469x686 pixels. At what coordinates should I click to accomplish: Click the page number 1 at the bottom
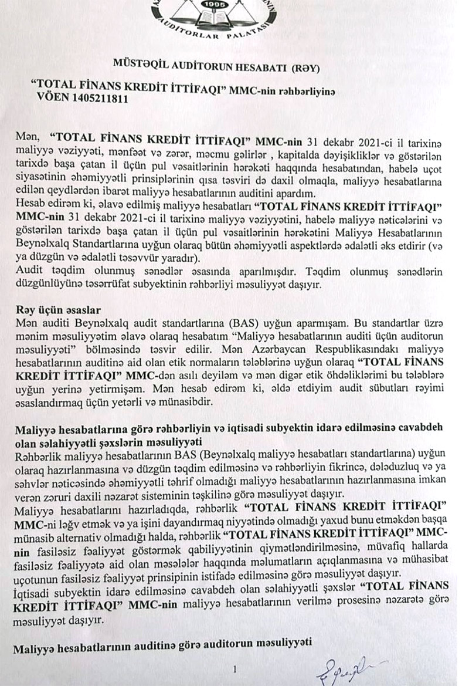235,668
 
